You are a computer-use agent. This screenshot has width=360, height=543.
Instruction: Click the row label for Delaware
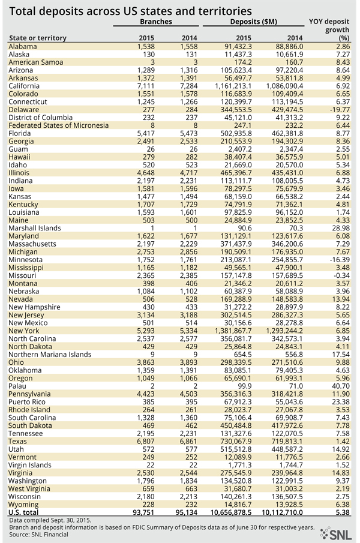point(23,110)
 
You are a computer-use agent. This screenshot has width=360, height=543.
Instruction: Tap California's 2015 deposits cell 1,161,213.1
point(233,86)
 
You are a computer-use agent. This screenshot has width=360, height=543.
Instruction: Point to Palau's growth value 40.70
point(340,386)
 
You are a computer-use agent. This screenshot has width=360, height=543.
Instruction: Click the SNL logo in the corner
point(335,534)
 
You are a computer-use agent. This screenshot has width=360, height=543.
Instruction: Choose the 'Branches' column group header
point(156,22)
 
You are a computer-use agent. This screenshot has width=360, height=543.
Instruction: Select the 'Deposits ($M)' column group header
point(253,22)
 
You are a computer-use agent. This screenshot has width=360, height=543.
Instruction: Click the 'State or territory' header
point(38,38)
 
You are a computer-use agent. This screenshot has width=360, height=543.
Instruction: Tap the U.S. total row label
point(23,512)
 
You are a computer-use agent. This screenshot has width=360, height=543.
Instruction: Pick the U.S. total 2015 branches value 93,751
point(143,512)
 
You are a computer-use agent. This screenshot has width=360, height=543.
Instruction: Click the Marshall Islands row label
point(35,228)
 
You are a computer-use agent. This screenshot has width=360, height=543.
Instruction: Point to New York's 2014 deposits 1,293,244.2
point(284,331)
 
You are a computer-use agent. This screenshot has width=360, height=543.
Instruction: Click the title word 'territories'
point(225,11)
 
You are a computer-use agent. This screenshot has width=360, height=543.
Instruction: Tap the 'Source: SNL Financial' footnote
point(39,535)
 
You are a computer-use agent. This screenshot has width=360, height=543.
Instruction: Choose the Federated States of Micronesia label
point(59,125)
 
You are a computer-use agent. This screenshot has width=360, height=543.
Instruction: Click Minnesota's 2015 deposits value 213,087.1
point(236,260)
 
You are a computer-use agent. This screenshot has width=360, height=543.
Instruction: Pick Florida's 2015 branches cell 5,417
point(146,133)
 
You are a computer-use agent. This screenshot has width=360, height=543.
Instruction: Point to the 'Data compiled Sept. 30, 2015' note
point(50,520)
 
